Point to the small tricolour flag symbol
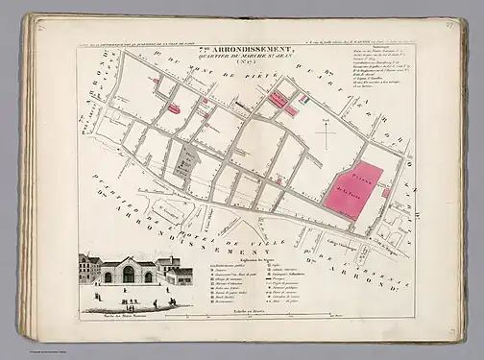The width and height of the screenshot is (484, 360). (x=302, y=98)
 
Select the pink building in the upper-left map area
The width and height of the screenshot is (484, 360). (x=174, y=108)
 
